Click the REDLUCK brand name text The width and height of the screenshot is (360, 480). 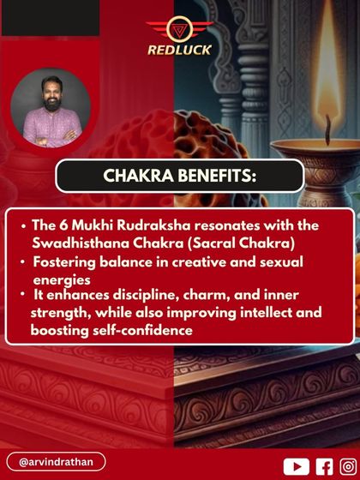point(179,50)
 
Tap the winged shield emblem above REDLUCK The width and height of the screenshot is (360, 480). point(179,28)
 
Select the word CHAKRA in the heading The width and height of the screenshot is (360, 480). point(136,176)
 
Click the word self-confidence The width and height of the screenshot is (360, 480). point(137,329)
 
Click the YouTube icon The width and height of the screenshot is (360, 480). point(296,465)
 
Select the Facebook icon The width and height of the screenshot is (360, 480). point(324,465)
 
